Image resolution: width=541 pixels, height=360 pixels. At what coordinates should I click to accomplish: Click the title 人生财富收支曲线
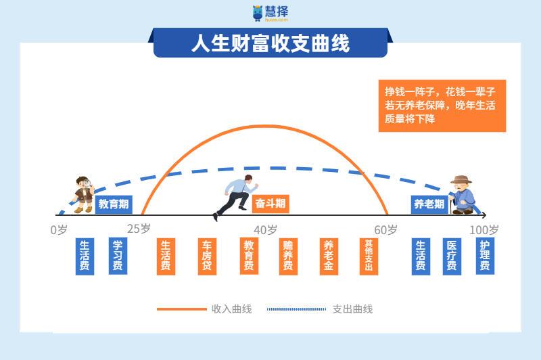coord(270,44)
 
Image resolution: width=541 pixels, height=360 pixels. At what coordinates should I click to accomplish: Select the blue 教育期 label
coord(114,204)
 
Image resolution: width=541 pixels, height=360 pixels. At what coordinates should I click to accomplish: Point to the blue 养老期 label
coord(429,204)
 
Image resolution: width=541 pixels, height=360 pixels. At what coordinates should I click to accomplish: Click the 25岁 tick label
coord(139,229)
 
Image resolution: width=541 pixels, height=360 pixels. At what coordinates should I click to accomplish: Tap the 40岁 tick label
coord(266,229)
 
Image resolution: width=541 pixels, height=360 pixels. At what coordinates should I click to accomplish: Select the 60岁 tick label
coord(385,229)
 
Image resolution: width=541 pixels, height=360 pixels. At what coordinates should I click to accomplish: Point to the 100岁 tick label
coord(484,229)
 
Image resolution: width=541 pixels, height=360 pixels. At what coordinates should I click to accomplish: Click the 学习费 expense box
coord(118,256)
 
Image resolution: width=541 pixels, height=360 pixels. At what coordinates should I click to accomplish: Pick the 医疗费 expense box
coord(452,256)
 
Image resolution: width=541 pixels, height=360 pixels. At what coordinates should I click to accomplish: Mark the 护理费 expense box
coord(484,256)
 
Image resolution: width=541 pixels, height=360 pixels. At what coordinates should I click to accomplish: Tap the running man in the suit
coord(235,196)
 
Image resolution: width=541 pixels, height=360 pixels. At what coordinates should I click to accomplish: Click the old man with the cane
coord(463,195)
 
